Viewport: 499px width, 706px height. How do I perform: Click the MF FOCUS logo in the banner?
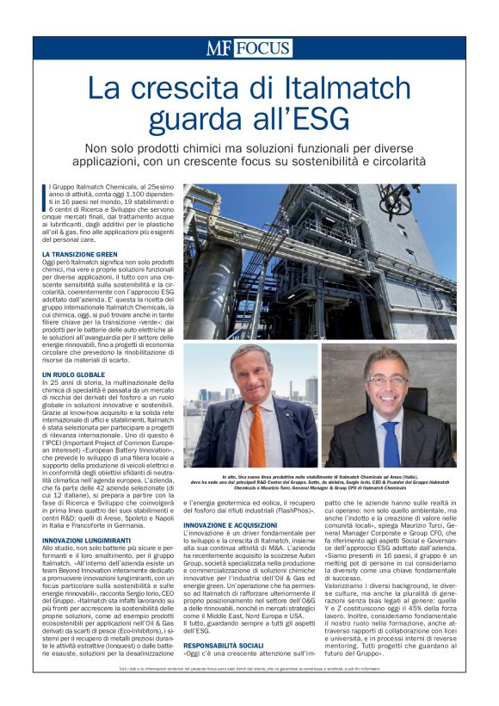pyautogui.click(x=249, y=47)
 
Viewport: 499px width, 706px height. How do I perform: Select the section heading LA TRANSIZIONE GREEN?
pyautogui.click(x=80, y=255)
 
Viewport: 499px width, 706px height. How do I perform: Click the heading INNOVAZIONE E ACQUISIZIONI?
pyautogui.click(x=231, y=524)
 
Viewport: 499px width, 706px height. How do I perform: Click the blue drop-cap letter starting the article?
pyautogui.click(x=45, y=195)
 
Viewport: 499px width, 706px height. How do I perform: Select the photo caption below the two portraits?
pyautogui.click(x=319, y=483)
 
